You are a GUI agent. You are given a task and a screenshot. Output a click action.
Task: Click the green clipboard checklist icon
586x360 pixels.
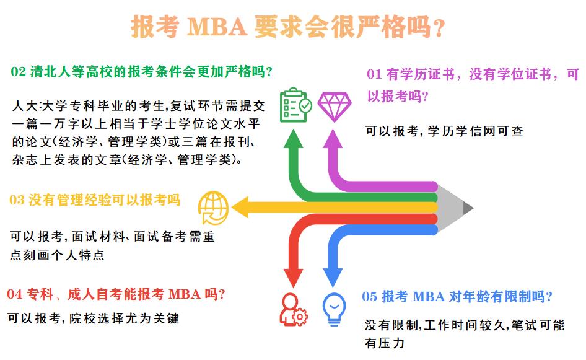coord(295,105)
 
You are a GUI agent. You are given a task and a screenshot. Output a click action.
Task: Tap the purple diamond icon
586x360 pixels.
coord(334,106)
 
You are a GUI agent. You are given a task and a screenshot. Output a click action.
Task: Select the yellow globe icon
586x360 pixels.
coord(213,206)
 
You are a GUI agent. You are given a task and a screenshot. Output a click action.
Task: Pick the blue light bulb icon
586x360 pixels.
coord(334,307)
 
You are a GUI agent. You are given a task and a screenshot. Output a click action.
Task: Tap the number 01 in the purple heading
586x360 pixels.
coord(374,75)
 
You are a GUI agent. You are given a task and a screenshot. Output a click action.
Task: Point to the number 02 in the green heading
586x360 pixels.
coord(18,71)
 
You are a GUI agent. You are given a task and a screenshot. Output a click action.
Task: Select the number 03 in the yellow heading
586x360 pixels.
coord(17,200)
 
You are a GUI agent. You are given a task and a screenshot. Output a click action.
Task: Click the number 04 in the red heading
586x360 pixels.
coord(14,293)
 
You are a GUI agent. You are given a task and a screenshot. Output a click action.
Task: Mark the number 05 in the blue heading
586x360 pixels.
coord(369,297)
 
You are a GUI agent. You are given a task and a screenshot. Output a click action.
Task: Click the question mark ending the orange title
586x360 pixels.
coord(439,29)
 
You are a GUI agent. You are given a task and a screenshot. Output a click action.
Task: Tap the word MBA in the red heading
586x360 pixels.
coord(184,293)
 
